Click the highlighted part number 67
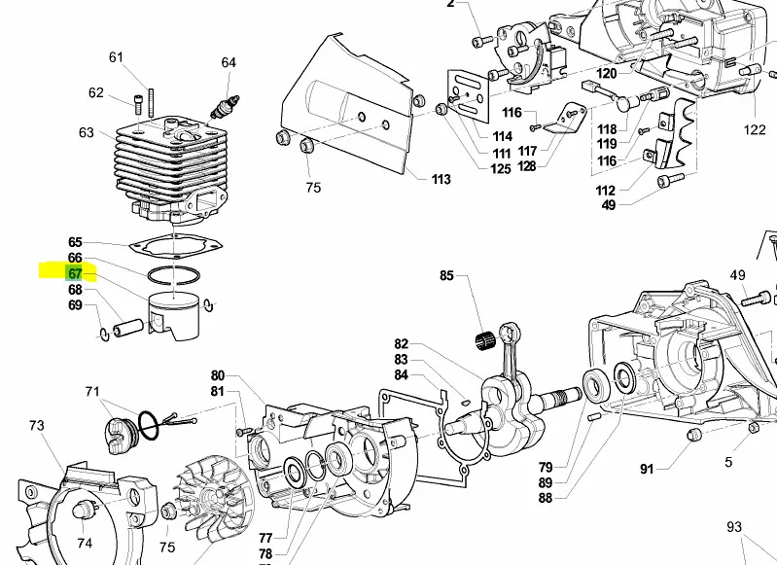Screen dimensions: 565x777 (75, 274)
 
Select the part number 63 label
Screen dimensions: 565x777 (87, 132)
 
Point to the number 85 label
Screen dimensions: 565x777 (446, 276)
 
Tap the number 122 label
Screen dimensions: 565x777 (755, 130)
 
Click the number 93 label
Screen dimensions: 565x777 (734, 527)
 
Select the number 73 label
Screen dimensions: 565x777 (36, 426)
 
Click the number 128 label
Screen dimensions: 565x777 (527, 166)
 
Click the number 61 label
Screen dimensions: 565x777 (117, 57)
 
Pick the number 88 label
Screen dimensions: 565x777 (545, 498)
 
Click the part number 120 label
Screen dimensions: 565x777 (606, 74)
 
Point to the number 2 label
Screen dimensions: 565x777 (450, 4)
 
